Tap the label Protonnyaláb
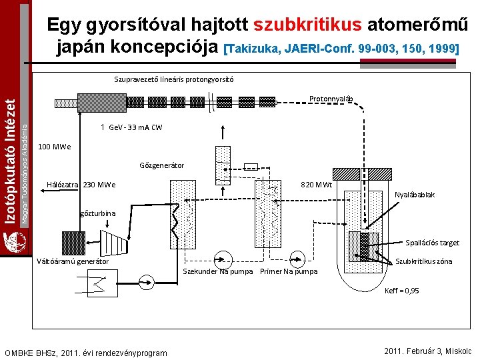(335, 99)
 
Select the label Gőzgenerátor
(162, 165)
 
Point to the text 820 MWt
(317, 185)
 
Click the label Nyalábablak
(415, 195)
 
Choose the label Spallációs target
(433, 243)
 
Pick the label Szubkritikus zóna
(424, 261)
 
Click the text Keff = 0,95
(402, 291)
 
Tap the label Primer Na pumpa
(289, 271)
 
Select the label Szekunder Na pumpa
(217, 271)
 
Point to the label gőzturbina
(98, 213)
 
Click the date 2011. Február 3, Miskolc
(429, 351)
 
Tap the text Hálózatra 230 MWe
(81, 185)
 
